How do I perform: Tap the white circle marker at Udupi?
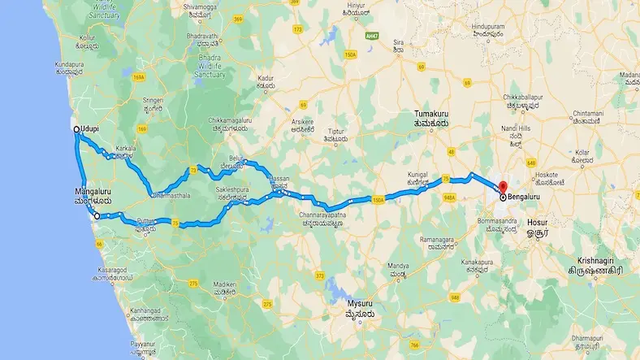pyautogui.click(x=76, y=129)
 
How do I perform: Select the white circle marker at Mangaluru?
pyautogui.click(x=97, y=216)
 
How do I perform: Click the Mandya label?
pyautogui.click(x=396, y=266)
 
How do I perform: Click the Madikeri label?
pyautogui.click(x=224, y=284)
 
